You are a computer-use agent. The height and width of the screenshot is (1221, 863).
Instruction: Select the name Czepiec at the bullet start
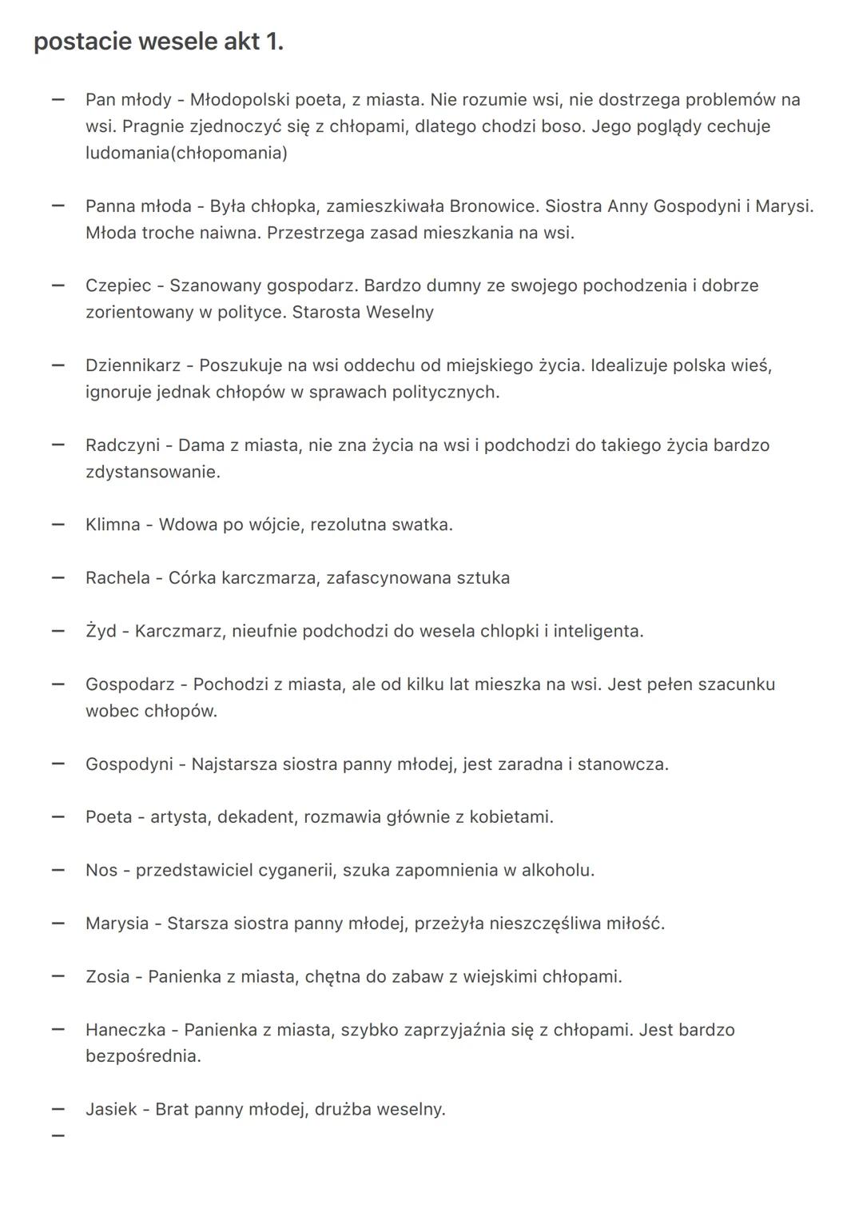click(x=118, y=285)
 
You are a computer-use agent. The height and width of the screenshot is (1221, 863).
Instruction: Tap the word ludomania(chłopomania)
click(x=186, y=153)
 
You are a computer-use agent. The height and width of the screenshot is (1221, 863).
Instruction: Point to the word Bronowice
click(x=493, y=206)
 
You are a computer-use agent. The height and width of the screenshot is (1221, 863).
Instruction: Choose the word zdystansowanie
click(x=153, y=472)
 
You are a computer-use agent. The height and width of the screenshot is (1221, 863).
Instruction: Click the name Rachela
click(x=117, y=578)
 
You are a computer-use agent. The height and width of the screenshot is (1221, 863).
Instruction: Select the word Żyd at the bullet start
click(x=101, y=631)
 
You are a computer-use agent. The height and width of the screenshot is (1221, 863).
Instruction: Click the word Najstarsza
click(x=234, y=764)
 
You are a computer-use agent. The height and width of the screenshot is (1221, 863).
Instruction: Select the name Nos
click(x=101, y=870)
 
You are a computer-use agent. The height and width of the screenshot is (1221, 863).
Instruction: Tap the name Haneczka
click(x=125, y=1030)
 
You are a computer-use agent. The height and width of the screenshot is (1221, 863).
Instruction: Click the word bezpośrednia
click(x=143, y=1056)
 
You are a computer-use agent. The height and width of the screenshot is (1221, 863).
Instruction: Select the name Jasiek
click(x=111, y=1109)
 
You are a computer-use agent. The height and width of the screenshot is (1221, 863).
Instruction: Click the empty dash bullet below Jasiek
click(x=58, y=1135)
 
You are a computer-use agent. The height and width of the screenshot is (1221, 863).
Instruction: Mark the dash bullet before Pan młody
click(x=58, y=100)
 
